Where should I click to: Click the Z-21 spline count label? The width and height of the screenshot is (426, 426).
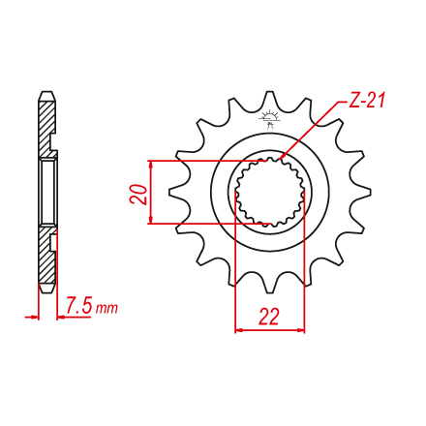coord(367,100)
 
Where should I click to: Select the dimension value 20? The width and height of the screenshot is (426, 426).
coord(138,195)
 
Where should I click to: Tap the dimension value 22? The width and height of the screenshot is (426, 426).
coord(269,317)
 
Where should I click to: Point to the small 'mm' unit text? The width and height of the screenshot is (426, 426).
coord(106,309)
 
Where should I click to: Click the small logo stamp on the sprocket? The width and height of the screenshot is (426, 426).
coord(270,119)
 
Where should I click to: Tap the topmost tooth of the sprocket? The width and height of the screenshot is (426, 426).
coord(270,100)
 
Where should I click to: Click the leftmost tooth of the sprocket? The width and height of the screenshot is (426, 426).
coord(178,193)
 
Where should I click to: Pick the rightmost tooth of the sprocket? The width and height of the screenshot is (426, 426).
coord(361,193)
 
